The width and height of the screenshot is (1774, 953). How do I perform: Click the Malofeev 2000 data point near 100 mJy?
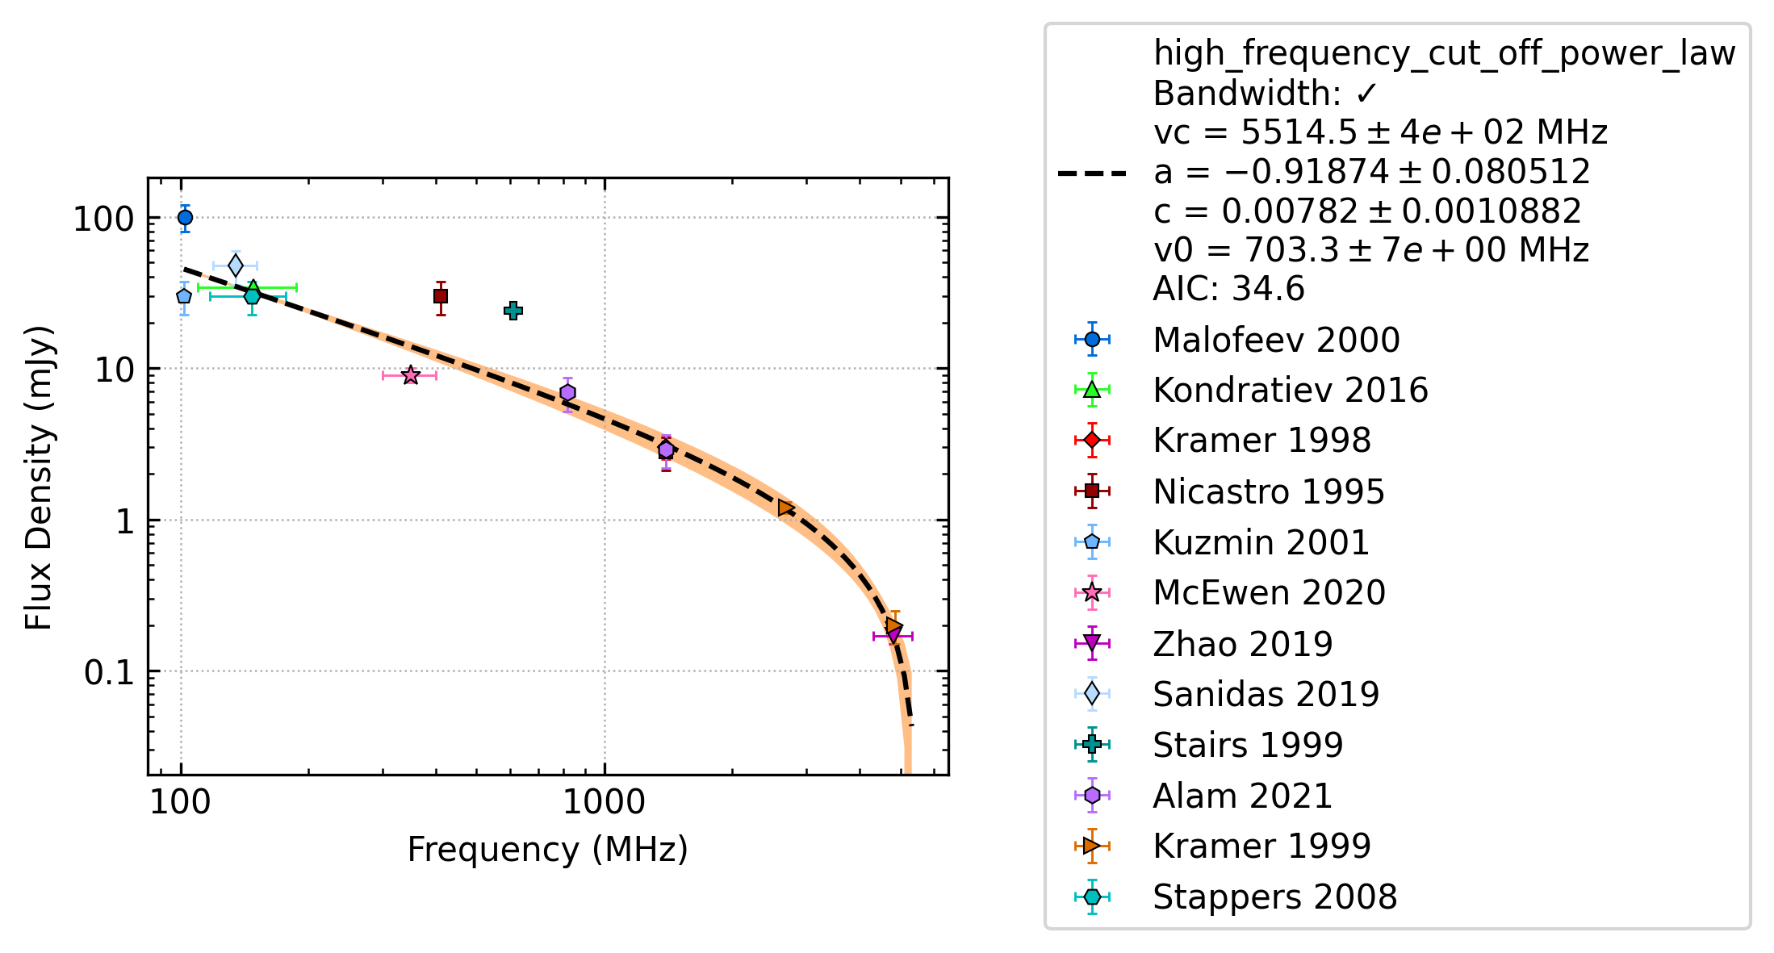click(185, 217)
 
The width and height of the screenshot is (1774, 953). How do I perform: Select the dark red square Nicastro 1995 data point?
click(441, 296)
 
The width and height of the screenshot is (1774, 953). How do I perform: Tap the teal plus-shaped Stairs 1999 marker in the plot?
click(513, 311)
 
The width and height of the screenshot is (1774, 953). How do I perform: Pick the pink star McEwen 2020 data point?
click(411, 375)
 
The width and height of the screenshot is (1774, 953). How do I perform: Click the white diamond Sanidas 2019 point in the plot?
click(236, 265)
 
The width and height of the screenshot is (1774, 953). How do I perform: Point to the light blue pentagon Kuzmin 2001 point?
click(184, 296)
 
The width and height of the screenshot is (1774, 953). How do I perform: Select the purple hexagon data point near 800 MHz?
click(568, 393)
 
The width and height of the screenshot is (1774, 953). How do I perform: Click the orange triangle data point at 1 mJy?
click(785, 508)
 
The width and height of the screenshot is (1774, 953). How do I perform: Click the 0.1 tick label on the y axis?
click(109, 672)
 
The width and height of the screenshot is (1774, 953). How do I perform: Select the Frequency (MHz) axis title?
click(547, 850)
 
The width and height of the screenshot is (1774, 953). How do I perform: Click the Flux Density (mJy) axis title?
click(39, 478)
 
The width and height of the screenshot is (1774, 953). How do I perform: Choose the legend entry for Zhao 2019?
click(1243, 644)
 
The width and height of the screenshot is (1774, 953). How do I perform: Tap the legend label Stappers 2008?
click(1274, 897)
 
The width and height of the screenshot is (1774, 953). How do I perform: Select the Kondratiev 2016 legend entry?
click(1291, 391)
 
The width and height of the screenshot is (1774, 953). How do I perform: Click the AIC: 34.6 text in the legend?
click(1228, 289)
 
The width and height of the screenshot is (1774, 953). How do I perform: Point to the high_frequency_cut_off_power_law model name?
click(1444, 54)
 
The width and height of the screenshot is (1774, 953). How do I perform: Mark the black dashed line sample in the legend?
click(1092, 173)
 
